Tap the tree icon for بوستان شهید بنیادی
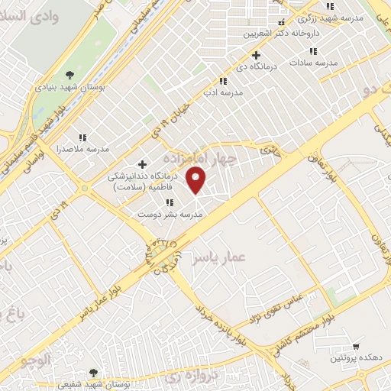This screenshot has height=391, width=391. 70,75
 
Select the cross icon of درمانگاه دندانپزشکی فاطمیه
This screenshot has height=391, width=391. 142,164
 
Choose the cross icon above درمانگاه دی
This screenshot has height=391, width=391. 256,55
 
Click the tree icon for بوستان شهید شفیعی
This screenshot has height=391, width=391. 93,373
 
